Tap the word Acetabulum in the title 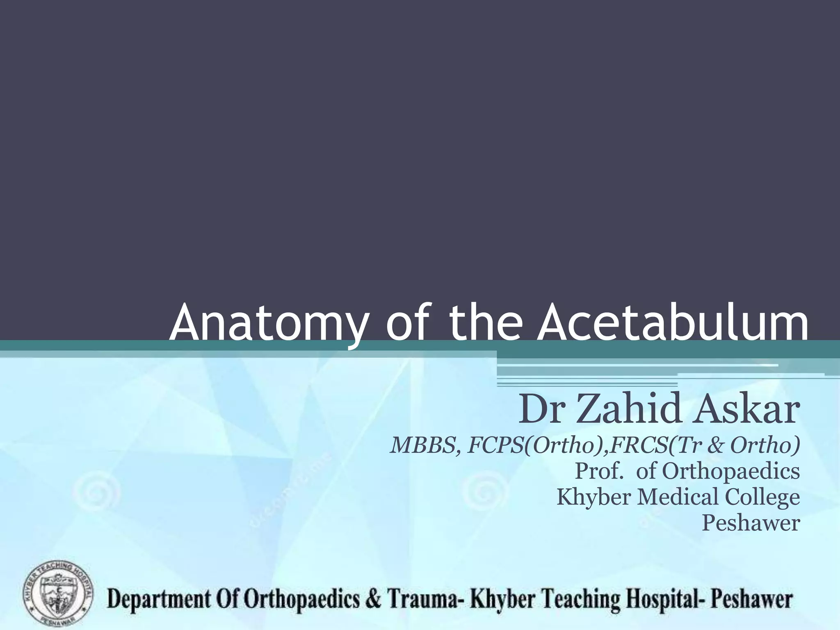coord(673,320)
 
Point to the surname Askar coord(746,409)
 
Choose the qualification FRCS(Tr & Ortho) coord(703,445)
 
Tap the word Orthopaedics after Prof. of coord(730,471)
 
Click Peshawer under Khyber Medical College coord(751,523)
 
